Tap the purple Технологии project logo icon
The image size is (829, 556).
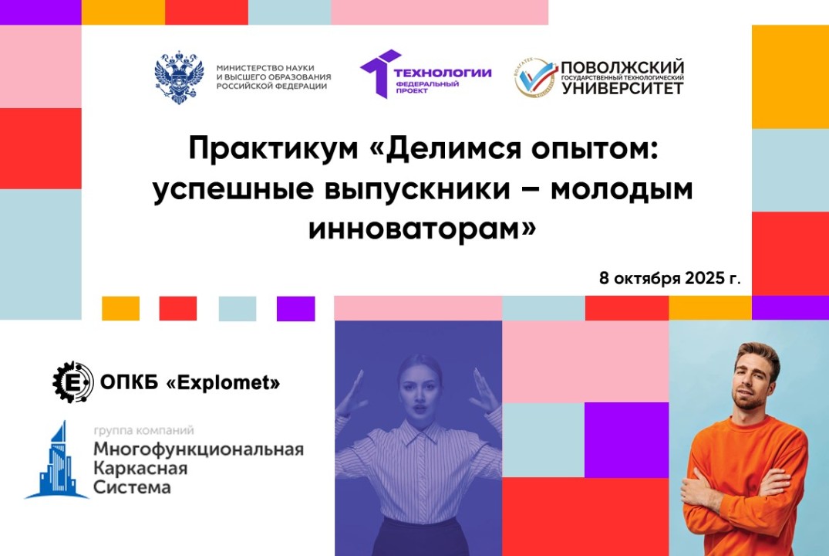(379, 75)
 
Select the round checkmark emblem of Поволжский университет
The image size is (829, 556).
(534, 77)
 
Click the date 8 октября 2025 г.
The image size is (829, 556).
(669, 278)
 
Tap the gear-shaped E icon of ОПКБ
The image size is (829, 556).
(72, 381)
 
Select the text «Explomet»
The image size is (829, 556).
(223, 382)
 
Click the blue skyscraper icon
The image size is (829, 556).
(56, 461)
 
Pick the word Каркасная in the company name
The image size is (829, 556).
(132, 469)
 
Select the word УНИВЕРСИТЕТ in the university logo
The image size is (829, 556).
(622, 89)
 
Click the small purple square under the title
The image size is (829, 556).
(296, 309)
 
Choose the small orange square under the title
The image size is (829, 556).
(121, 309)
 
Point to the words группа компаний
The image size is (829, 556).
(143, 430)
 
